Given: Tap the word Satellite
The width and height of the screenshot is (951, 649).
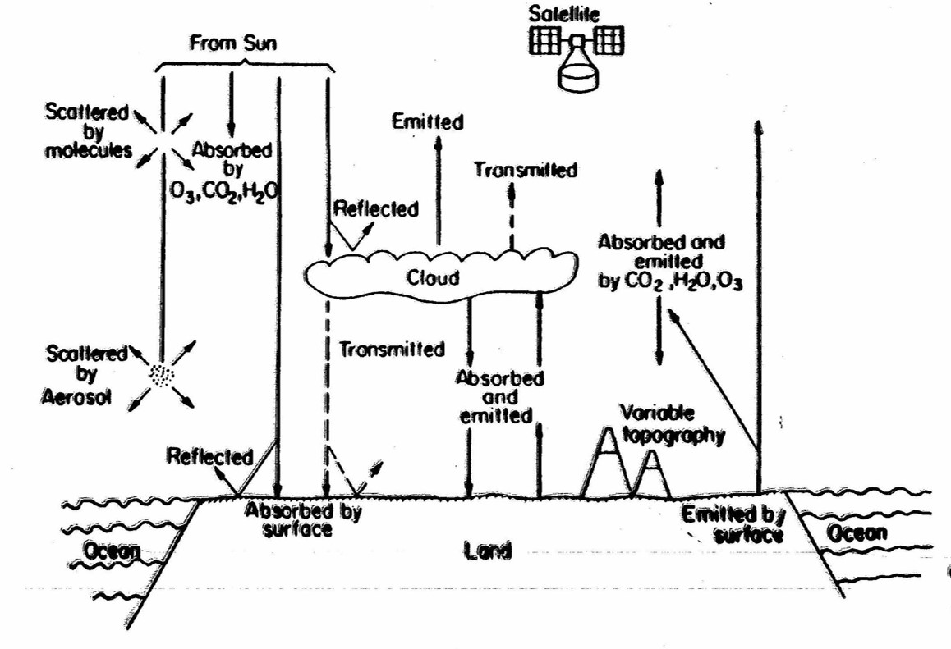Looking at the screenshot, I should point(579,12).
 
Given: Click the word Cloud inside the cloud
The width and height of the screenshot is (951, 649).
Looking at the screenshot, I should point(433,277).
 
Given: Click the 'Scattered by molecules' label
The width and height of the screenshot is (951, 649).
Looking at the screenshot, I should point(88,132).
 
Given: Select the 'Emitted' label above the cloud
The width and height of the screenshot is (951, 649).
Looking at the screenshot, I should point(427,122).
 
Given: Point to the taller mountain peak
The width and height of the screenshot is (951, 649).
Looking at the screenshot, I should point(608,443).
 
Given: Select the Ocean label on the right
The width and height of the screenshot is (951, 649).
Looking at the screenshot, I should point(856,532).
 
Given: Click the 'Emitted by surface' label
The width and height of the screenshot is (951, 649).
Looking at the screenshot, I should point(732,525).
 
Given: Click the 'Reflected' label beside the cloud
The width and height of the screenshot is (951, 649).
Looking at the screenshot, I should point(374,208).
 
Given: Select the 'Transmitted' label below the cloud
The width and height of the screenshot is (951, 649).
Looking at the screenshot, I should point(392,349).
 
